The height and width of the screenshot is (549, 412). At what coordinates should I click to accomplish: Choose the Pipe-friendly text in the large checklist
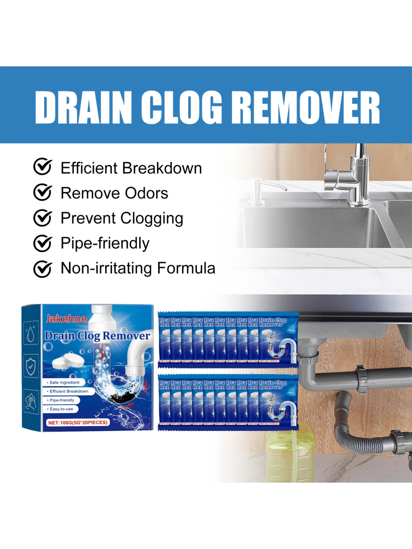pos(105,243)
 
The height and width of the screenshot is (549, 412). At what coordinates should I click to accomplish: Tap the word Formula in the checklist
pos(186,268)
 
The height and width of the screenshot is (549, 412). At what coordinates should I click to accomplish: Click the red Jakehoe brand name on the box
pos(66,319)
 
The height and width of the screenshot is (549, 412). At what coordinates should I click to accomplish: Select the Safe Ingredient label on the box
pos(64,382)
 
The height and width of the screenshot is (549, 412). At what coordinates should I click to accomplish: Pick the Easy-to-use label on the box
pos(61,409)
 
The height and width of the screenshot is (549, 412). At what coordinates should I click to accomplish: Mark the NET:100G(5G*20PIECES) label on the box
pos(78,423)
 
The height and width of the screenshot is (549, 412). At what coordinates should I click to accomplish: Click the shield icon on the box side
pos(31,365)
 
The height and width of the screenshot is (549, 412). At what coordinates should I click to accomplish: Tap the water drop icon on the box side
pos(30,333)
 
